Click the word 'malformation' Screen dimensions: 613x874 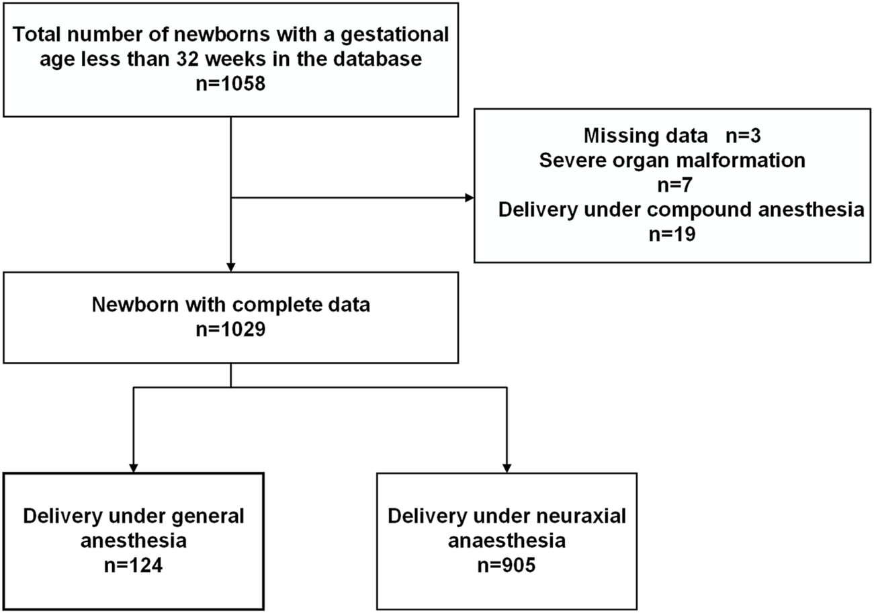[742, 160]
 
